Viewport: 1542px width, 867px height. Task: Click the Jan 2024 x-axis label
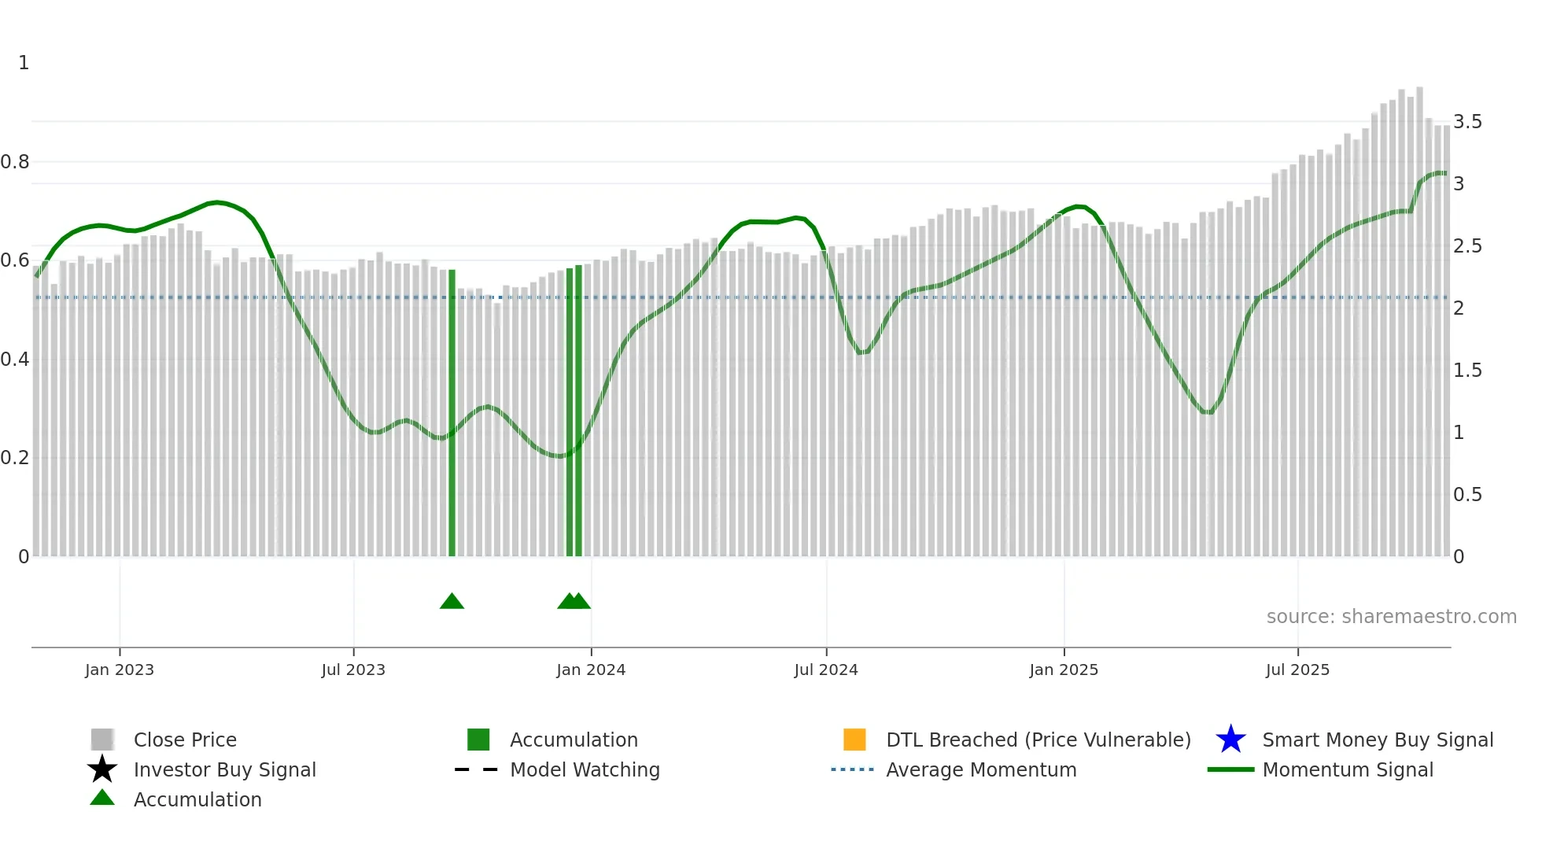click(590, 670)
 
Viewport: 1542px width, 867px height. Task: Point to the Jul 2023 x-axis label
click(353, 670)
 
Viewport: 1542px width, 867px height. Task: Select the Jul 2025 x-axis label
click(1297, 670)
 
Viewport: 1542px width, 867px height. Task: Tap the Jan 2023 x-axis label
click(120, 670)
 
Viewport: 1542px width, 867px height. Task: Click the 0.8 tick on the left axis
click(15, 162)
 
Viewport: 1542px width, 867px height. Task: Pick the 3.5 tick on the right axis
click(1467, 122)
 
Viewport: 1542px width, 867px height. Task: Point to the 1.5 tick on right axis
click(1467, 371)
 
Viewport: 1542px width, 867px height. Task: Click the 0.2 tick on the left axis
click(15, 458)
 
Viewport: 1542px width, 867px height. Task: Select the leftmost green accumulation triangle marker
click(452, 602)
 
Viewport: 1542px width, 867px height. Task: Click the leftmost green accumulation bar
click(452, 413)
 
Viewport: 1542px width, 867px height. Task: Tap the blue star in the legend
click(1230, 740)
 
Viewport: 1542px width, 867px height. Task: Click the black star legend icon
click(102, 769)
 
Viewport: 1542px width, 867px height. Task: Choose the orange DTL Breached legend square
click(854, 740)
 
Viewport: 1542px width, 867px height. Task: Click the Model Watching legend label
click(585, 769)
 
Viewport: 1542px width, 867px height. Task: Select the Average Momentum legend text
click(981, 769)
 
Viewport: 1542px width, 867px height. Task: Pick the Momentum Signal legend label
click(1348, 769)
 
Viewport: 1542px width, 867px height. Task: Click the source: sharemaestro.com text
click(1391, 617)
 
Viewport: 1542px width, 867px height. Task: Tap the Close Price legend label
click(185, 740)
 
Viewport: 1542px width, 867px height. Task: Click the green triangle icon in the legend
click(102, 798)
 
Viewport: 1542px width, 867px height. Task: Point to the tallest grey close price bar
click(1419, 323)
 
